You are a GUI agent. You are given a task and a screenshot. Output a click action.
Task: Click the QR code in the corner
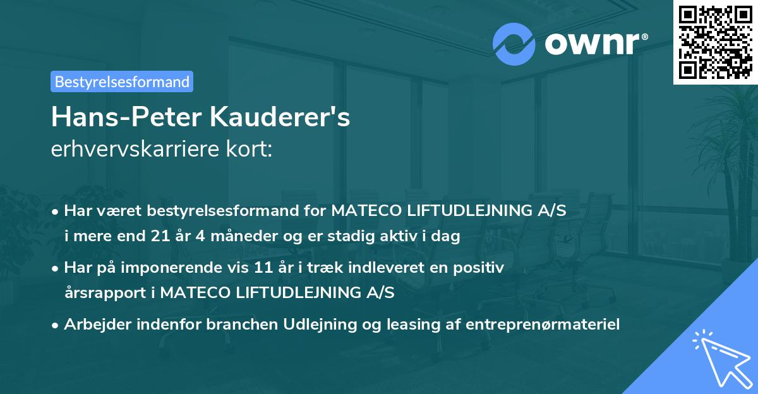(714, 42)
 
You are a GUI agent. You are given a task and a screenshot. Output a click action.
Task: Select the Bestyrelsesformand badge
(122, 81)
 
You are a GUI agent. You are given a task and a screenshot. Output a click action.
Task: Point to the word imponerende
(169, 268)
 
